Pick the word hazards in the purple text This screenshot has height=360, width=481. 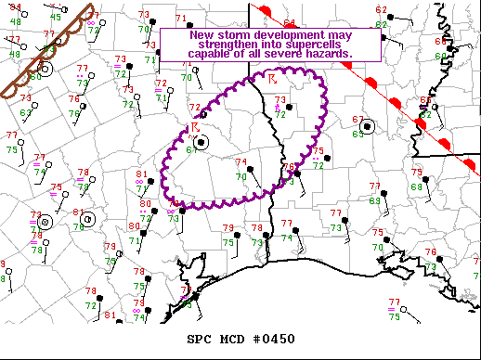tap(331, 55)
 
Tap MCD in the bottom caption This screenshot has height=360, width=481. tap(235, 338)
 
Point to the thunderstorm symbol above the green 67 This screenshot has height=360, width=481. tap(195, 127)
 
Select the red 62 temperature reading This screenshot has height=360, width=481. tap(382, 9)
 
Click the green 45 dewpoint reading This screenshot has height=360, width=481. tap(56, 17)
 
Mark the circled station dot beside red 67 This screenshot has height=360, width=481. tap(369, 126)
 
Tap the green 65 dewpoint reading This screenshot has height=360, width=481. tap(358, 135)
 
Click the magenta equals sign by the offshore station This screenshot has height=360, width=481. tap(392, 309)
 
